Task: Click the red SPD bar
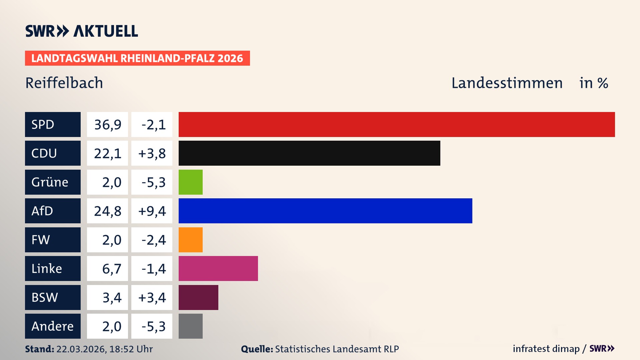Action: point(397,124)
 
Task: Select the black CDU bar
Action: point(309,153)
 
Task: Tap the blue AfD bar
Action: point(325,211)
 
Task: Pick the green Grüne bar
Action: point(191,182)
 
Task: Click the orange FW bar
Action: point(191,240)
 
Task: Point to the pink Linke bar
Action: point(218,268)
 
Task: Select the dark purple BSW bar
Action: point(198,297)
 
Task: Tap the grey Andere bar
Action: point(191,326)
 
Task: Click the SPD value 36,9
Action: point(108,125)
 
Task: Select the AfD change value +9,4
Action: point(152,211)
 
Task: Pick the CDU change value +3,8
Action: point(152,153)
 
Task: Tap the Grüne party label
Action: point(50,182)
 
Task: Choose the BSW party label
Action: point(45,297)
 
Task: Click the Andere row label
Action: point(52,326)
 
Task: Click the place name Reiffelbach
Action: point(64,83)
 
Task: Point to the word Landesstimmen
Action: point(507,83)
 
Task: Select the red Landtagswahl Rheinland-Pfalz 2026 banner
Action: point(137,58)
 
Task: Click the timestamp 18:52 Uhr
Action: point(131,349)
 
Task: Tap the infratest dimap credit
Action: point(546,349)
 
